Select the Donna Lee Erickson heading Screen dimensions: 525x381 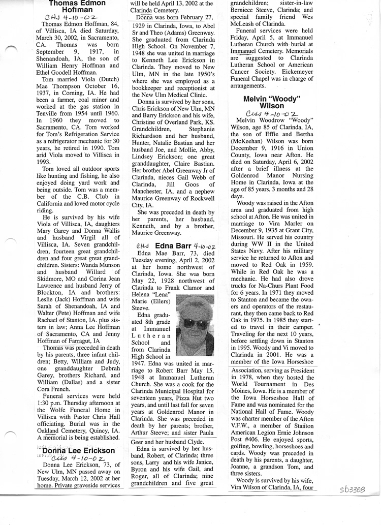[79, 451]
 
